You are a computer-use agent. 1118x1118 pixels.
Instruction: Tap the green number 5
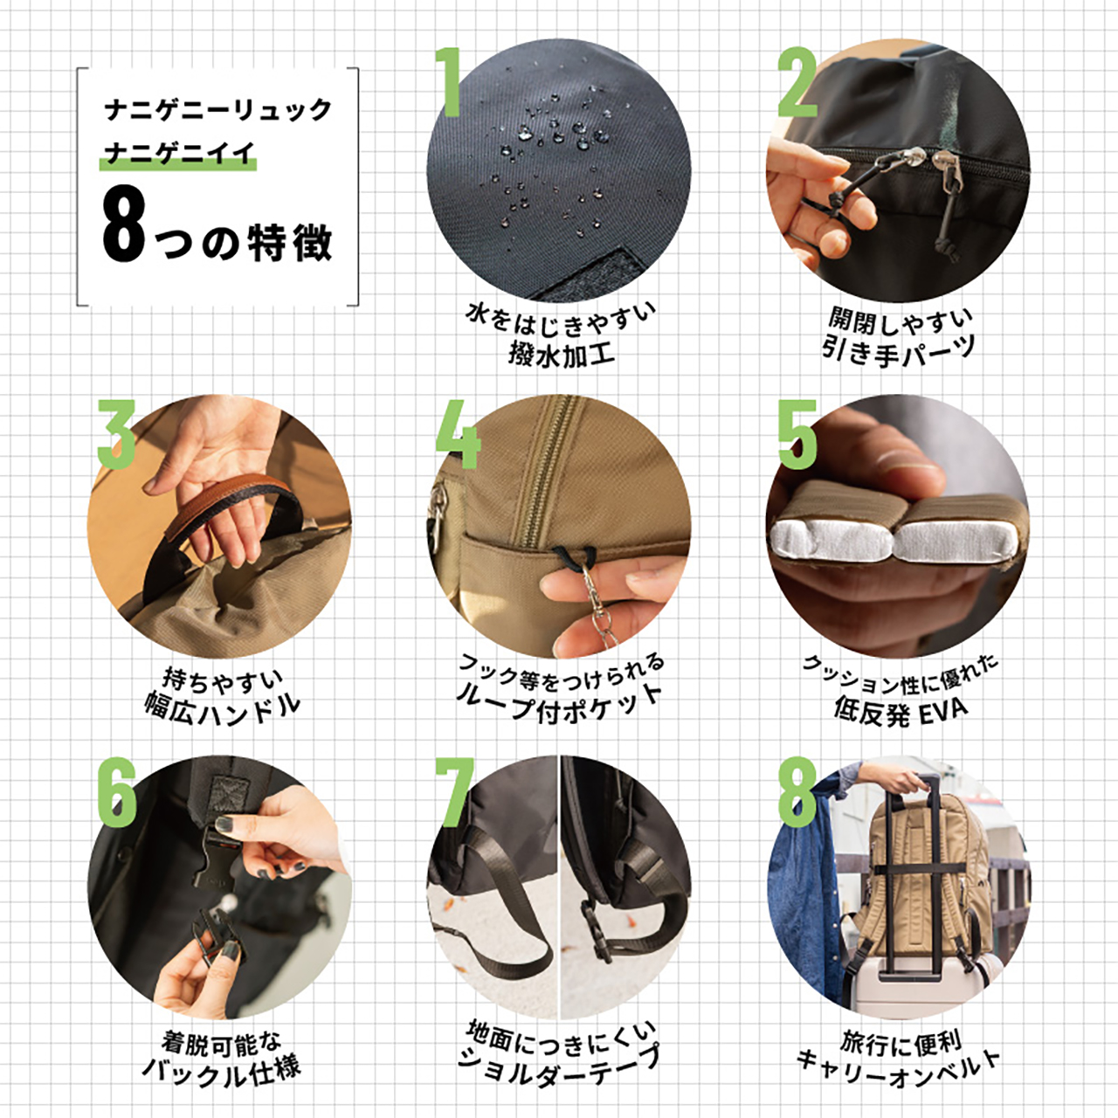[797, 434]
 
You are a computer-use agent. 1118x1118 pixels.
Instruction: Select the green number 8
[797, 792]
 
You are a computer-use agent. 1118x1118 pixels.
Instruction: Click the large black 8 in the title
[124, 226]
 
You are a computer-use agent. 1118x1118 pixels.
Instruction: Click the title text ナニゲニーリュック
[218, 110]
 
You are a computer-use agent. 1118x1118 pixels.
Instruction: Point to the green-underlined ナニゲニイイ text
[179, 154]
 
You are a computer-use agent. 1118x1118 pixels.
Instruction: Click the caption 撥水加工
[562, 355]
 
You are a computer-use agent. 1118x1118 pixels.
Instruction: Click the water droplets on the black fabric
[550, 148]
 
